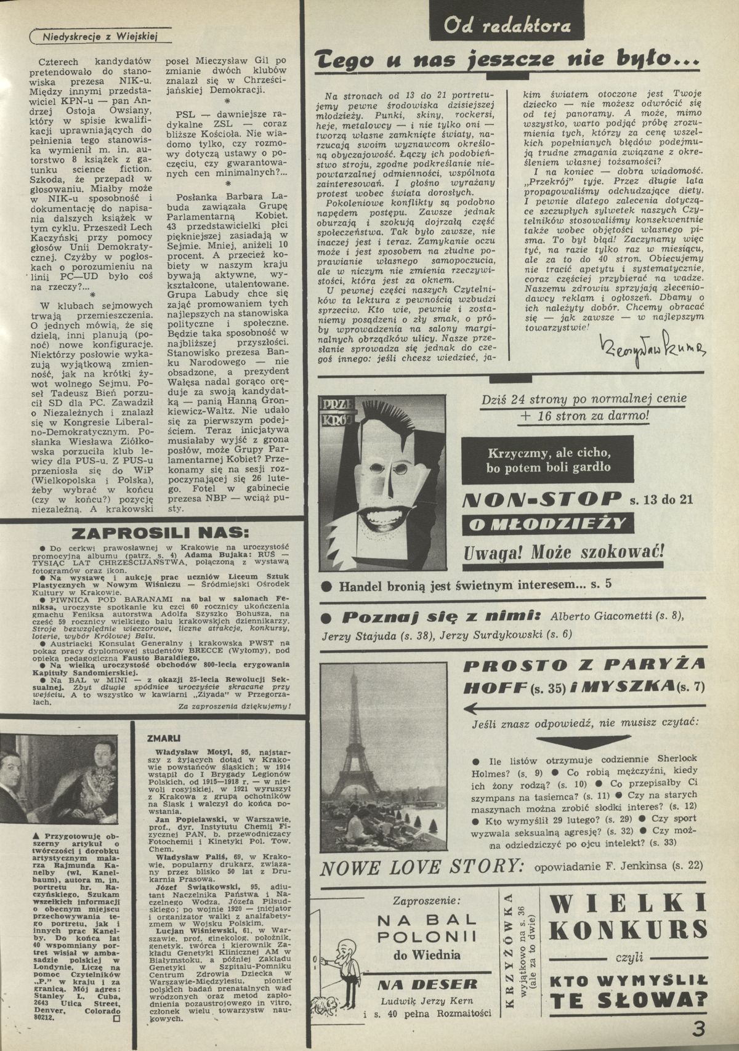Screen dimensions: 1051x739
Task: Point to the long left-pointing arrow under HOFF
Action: click(539, 707)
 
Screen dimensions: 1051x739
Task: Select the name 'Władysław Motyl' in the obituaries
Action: click(181, 751)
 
